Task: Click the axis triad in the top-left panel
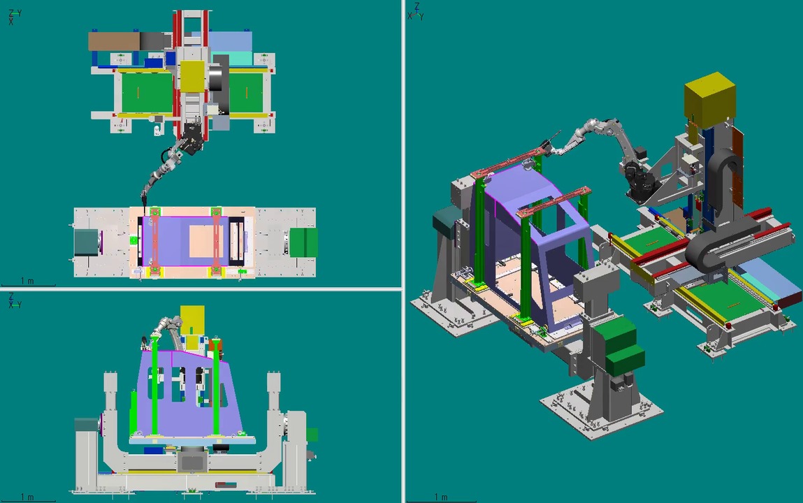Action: (x=15, y=17)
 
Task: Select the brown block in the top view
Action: (x=114, y=41)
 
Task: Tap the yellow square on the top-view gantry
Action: (x=192, y=77)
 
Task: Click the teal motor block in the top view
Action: (x=87, y=242)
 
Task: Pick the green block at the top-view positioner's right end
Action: (x=303, y=242)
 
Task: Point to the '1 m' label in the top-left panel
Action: (x=27, y=281)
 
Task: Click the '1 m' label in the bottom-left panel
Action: (x=27, y=497)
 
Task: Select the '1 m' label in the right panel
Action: (x=441, y=497)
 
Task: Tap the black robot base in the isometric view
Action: (x=637, y=182)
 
